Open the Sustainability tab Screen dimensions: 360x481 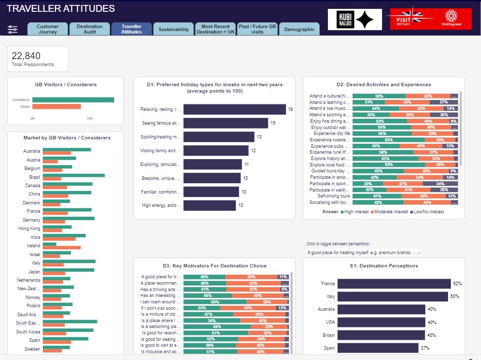174,30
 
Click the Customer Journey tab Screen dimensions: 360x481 48,29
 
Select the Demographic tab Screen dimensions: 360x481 299,30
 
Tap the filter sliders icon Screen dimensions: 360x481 13,30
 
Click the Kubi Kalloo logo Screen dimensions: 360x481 354,20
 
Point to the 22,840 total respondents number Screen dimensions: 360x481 26,56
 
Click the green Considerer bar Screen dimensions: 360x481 73,99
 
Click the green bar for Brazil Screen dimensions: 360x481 74,175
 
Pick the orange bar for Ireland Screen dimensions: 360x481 62,247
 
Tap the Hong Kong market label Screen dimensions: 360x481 30,228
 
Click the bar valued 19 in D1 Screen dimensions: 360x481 234,109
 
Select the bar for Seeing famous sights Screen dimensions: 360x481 225,123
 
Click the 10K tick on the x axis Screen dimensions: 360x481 89,119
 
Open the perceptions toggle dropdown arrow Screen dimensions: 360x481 419,253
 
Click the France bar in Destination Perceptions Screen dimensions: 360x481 394,284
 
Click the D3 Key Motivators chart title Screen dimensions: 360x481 215,266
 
